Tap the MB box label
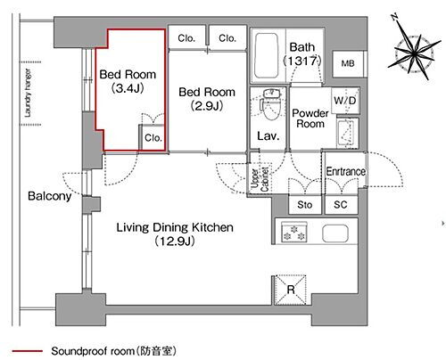pyautogui.click(x=346, y=64)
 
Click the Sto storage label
pyautogui.click(x=305, y=203)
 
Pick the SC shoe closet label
pyautogui.click(x=341, y=203)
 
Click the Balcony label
pyautogui.click(x=49, y=196)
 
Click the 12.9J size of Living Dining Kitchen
pyautogui.click(x=177, y=241)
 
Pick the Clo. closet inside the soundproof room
pyautogui.click(x=153, y=138)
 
